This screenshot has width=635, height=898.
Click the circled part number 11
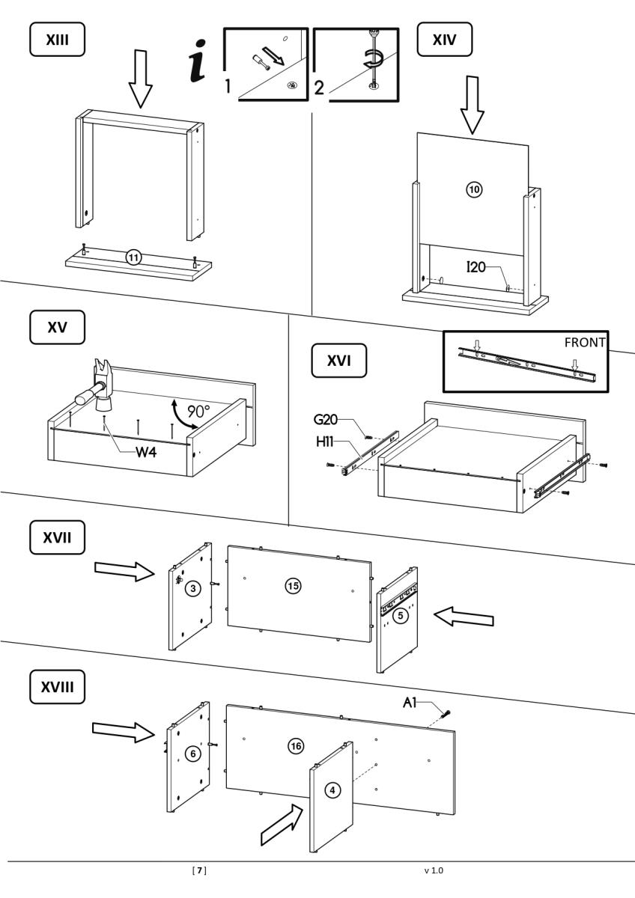point(133,258)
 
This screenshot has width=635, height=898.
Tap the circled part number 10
point(474,189)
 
